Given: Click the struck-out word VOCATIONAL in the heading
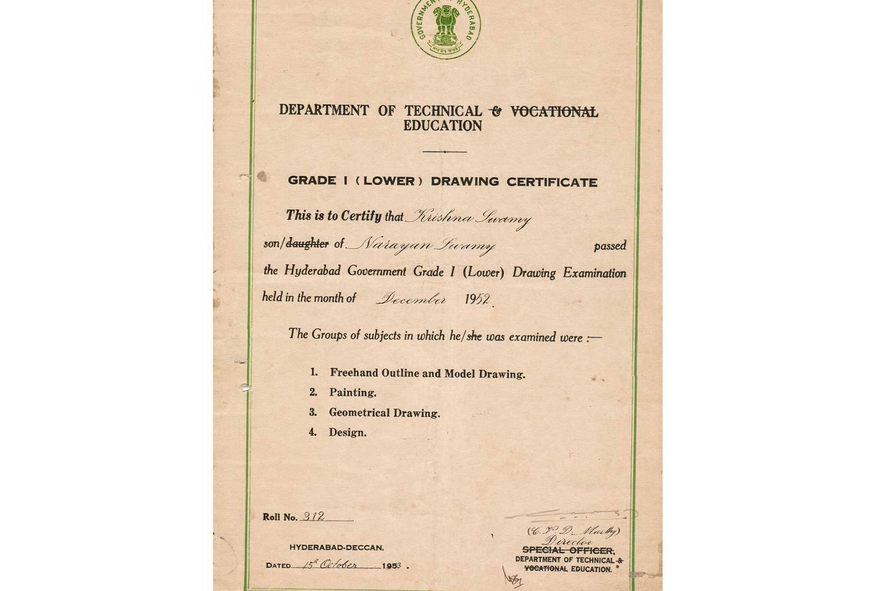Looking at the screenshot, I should (554, 112).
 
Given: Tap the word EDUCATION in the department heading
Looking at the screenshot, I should (442, 126).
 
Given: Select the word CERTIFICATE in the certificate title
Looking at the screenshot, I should (552, 182).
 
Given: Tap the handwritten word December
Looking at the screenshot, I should (411, 300).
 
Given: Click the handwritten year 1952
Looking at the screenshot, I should (477, 300).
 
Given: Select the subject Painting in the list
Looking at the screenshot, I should (353, 393).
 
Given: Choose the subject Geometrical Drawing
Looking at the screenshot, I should (384, 413).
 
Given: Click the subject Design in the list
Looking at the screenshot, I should (347, 433).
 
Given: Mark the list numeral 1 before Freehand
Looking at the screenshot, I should (314, 372).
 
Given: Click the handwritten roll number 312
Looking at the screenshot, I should (313, 517).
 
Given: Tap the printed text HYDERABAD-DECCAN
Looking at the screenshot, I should (336, 548).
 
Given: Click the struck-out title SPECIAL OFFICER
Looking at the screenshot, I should (568, 550).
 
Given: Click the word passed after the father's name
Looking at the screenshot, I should (610, 246).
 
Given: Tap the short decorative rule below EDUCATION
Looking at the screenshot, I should (444, 151).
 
